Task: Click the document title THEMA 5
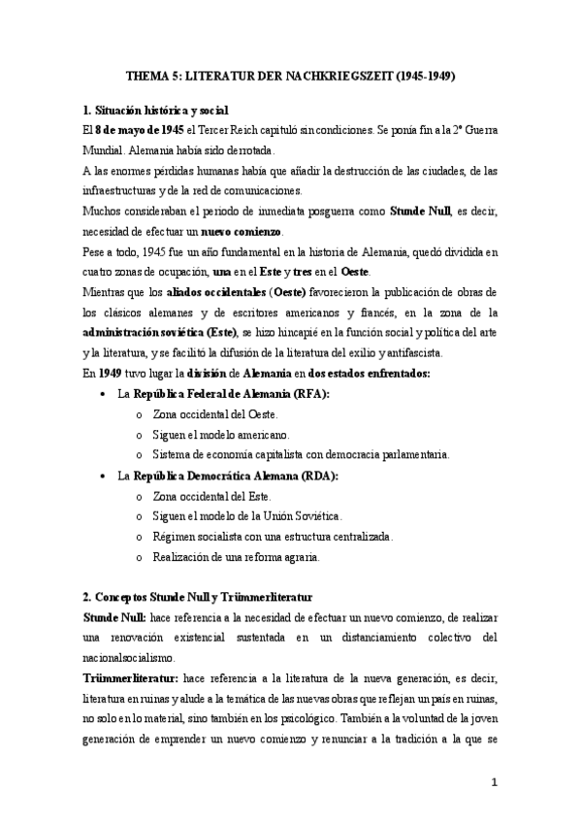[290, 74]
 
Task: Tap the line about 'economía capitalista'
[301, 455]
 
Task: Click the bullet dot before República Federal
[104, 395]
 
